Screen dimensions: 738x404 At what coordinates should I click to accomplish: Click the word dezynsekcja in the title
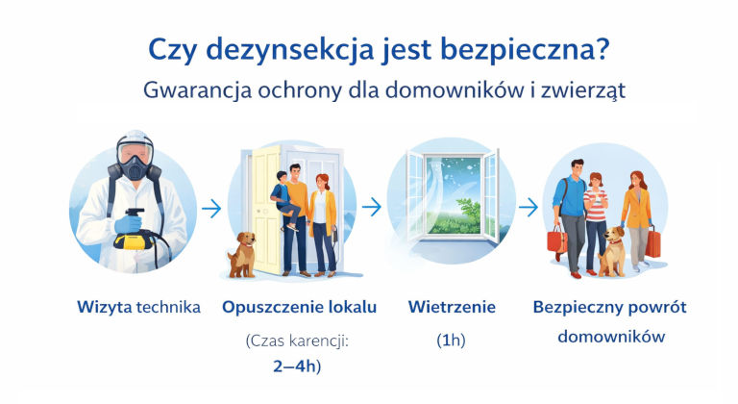click(x=289, y=49)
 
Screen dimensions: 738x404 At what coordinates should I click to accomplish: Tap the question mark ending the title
click(x=602, y=48)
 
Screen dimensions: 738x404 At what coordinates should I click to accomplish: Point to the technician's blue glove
click(x=128, y=223)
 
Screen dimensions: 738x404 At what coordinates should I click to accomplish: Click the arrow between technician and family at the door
click(x=211, y=208)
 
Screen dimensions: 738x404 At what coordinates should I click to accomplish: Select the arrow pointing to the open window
click(x=372, y=207)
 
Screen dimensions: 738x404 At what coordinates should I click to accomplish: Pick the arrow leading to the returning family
click(x=529, y=207)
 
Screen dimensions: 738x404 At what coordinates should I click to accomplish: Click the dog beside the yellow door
click(x=242, y=255)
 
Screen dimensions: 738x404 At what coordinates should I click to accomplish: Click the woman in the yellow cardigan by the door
click(x=323, y=225)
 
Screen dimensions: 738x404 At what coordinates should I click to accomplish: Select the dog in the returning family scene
click(x=612, y=252)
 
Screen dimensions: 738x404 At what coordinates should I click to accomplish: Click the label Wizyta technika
click(x=138, y=308)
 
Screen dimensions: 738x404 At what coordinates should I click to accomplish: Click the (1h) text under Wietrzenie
click(x=451, y=340)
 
